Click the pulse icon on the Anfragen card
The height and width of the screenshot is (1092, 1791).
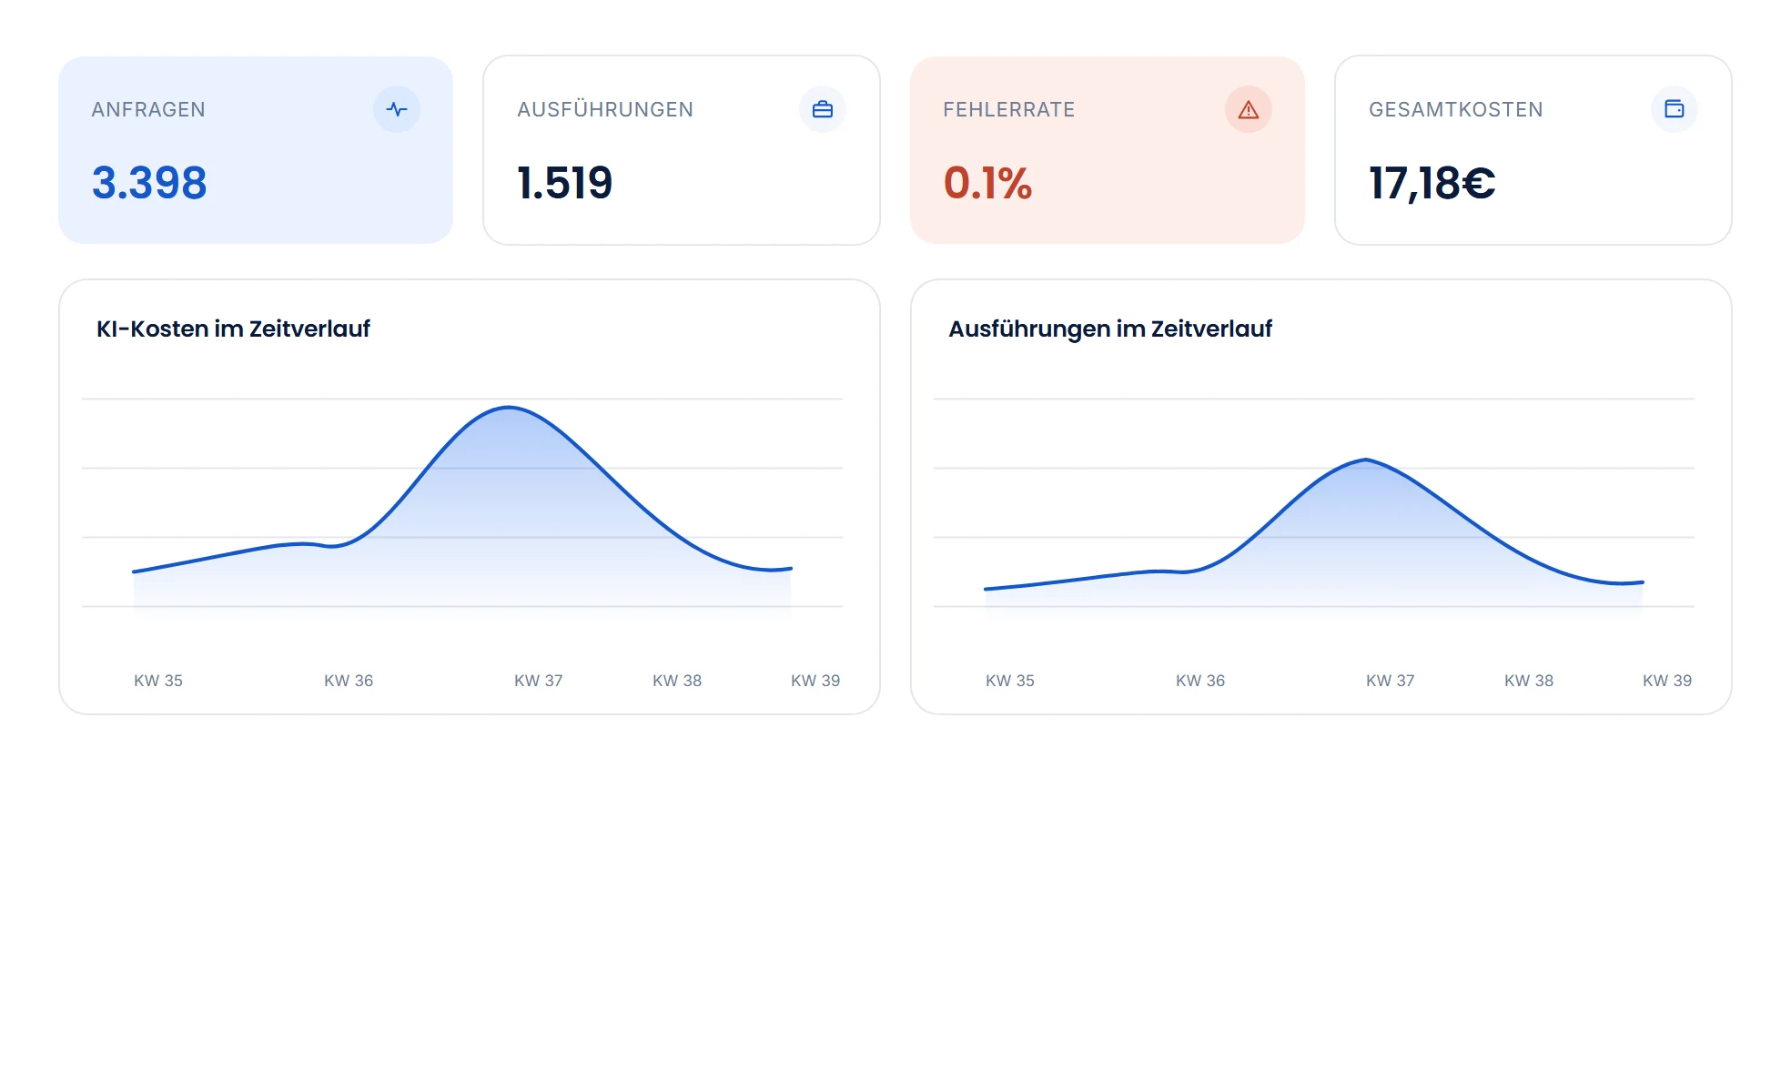pos(397,109)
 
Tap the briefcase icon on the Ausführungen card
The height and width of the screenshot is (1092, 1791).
pos(823,109)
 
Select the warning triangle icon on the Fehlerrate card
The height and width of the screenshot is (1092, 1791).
pos(1249,109)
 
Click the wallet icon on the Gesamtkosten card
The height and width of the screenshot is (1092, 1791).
pos(1675,109)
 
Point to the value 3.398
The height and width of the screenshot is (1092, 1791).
pos(149,183)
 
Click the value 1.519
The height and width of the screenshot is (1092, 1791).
pos(565,183)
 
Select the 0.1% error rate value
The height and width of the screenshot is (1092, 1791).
pos(987,183)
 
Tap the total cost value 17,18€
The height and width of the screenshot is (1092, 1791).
pos(1432,184)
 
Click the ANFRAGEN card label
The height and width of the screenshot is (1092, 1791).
pos(148,109)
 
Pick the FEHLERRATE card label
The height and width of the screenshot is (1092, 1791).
pos(1009,109)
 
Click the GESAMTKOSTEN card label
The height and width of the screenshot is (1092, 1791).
pos(1456,109)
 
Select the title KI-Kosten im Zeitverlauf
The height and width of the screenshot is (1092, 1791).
pos(233,329)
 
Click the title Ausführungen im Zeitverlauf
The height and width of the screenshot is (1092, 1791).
pos(1110,329)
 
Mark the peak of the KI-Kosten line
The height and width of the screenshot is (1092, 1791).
pos(509,407)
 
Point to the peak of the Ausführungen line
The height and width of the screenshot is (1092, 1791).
pos(1366,460)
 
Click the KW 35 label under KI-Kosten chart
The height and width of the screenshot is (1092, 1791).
pos(158,681)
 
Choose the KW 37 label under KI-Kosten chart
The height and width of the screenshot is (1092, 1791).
pos(539,681)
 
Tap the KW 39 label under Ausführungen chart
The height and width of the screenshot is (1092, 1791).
pos(1667,681)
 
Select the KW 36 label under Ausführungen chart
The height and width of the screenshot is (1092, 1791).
pos(1200,681)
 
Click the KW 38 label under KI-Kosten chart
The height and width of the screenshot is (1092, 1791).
pos(677,681)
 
